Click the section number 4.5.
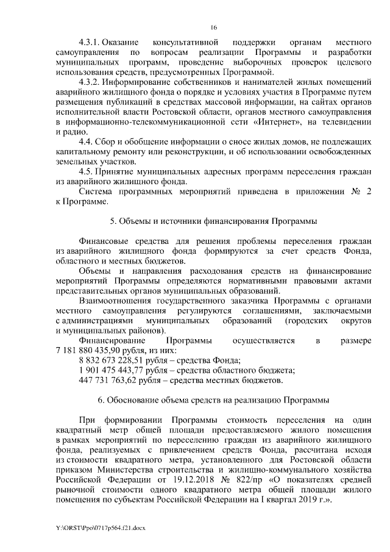pos(86,171)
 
